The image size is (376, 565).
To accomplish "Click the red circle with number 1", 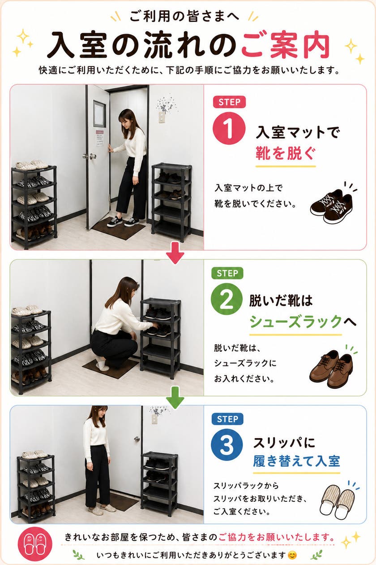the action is point(229,128).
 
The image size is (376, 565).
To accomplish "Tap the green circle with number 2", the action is point(226,300).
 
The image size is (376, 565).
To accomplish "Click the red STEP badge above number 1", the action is point(229,102).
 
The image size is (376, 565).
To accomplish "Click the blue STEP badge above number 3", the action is point(227,419).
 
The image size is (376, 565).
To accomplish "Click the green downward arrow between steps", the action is point(175,397).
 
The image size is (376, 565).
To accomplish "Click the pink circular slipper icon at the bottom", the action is point(35,544).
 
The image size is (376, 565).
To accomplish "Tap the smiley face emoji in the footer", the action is point(292,555).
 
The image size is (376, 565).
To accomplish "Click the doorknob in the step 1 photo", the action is point(92,156).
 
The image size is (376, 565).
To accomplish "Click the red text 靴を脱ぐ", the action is point(285,153).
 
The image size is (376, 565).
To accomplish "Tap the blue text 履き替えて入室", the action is point(296,461).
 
